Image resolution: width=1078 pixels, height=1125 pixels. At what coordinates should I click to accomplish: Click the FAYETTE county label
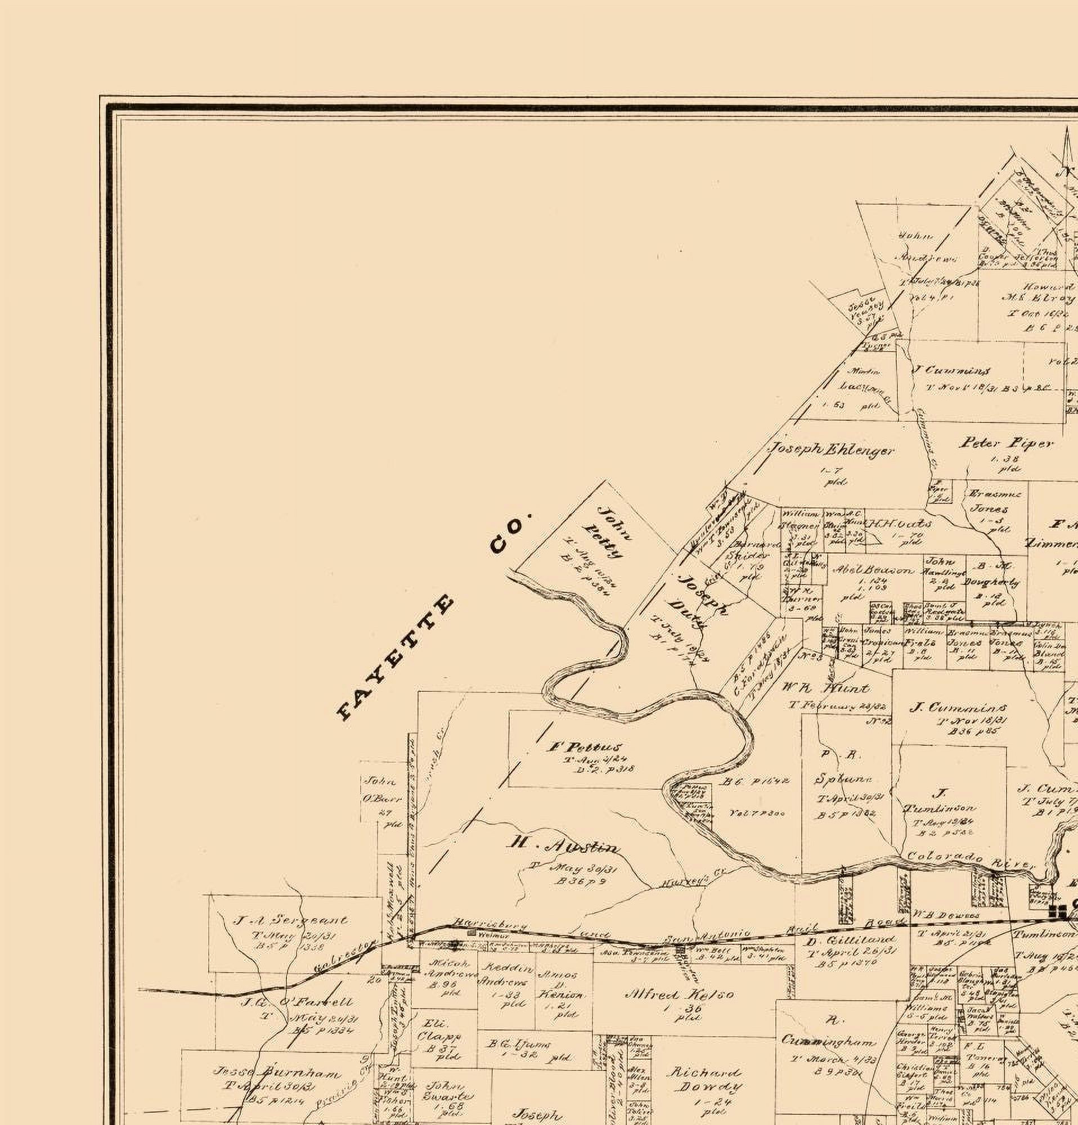click(x=396, y=658)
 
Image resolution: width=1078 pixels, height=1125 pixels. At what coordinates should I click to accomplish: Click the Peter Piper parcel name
click(x=1005, y=443)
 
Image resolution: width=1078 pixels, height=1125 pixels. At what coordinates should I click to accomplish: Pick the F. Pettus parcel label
click(x=586, y=747)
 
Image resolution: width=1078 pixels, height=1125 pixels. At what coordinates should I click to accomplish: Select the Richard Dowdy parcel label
click(x=704, y=1079)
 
